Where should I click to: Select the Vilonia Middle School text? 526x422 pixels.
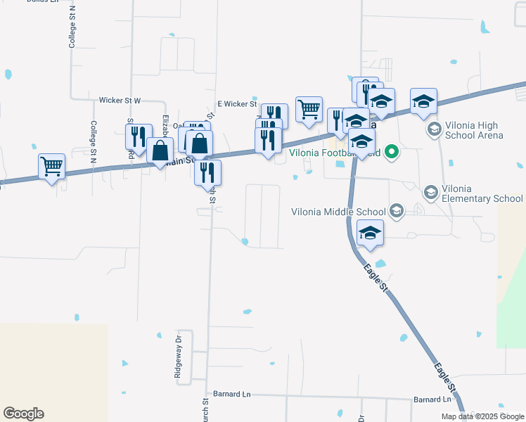tap(338, 212)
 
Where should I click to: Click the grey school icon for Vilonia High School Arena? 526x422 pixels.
tap(434, 129)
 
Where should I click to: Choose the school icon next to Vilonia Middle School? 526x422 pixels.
tap(397, 211)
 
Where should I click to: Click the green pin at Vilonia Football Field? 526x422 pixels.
tap(393, 151)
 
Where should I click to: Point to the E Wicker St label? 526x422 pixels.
tap(236, 103)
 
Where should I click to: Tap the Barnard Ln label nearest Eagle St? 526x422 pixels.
tap(432, 399)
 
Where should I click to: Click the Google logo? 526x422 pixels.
tap(23, 414)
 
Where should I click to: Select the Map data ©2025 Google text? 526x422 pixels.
tap(482, 416)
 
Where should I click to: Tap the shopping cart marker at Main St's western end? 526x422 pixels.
tap(51, 167)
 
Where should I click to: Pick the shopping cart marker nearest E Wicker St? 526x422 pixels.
tap(309, 109)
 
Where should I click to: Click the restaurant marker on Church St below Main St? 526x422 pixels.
tap(207, 172)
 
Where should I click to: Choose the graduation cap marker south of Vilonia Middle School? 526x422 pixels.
tap(370, 233)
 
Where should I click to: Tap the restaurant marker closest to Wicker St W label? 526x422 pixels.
tap(139, 136)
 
